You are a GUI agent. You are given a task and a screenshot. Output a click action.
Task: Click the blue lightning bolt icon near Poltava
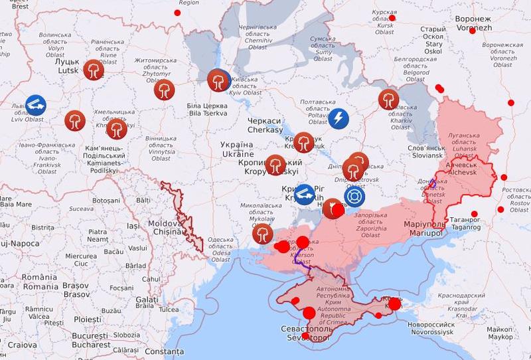tap(339, 119)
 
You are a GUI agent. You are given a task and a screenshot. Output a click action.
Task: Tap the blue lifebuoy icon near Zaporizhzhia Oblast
tap(354, 197)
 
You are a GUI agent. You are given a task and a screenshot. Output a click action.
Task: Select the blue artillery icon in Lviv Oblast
tap(36, 105)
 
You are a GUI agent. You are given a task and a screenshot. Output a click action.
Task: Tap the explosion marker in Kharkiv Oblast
tap(388, 100)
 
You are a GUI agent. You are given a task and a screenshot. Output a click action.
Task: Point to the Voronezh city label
tap(474, 24)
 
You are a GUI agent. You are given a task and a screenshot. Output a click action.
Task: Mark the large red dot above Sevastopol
tap(309, 314)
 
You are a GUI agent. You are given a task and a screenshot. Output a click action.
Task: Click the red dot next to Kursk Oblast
tap(392, 18)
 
